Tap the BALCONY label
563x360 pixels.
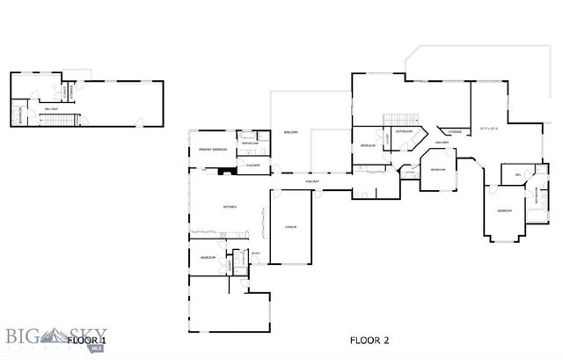pyautogui.click(x=290, y=132)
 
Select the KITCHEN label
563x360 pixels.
pyautogui.click(x=230, y=207)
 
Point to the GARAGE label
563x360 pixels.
pyautogui.click(x=290, y=227)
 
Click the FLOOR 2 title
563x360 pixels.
pyautogui.click(x=369, y=339)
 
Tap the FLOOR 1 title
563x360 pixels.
pyautogui.click(x=87, y=339)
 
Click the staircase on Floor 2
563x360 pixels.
pyautogui.click(x=400, y=118)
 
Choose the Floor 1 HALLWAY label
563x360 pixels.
pyautogui.click(x=51, y=108)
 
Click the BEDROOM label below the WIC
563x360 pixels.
pyautogui.click(x=504, y=211)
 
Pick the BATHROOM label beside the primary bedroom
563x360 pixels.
pyautogui.click(x=250, y=143)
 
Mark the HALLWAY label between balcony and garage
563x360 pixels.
pyautogui.click(x=311, y=181)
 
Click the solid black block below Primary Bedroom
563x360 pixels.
pyautogui.click(x=226, y=173)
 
